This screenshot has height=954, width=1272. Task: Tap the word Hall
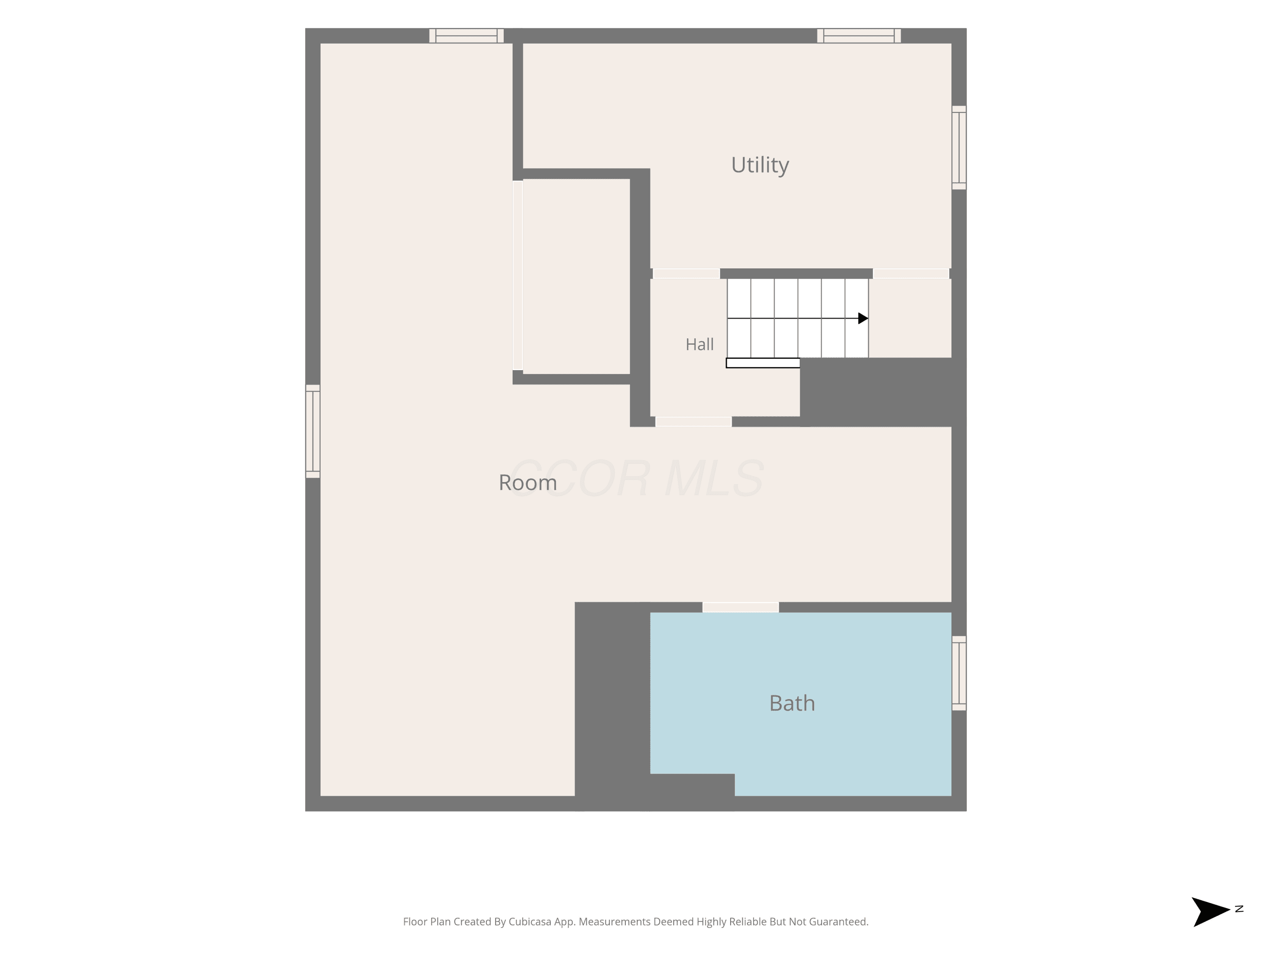tap(699, 344)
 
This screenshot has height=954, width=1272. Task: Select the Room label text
tap(528, 483)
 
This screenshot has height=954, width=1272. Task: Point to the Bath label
tap(792, 703)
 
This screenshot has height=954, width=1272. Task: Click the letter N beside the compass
tap(1239, 909)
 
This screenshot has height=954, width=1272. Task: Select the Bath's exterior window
tap(959, 673)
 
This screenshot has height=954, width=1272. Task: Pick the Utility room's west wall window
tap(859, 36)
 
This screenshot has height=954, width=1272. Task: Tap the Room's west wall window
tap(466, 36)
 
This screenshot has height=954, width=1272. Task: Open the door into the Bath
tap(741, 607)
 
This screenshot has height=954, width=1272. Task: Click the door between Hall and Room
tap(694, 421)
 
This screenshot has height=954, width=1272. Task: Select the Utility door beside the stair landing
tap(911, 274)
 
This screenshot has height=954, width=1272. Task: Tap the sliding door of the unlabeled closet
tap(518, 276)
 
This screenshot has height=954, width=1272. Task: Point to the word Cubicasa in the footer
tap(530, 922)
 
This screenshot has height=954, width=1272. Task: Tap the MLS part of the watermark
tap(714, 478)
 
